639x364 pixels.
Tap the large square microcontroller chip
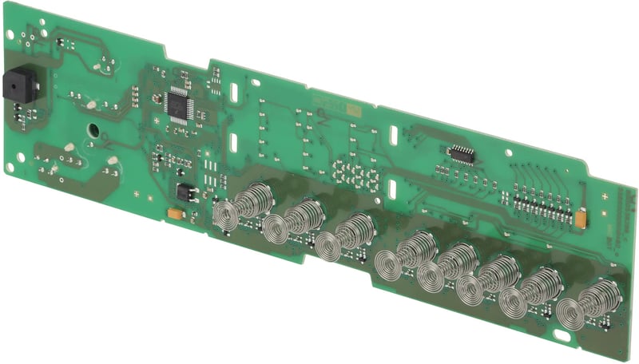pos(177,105)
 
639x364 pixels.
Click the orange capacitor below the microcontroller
pos(175,214)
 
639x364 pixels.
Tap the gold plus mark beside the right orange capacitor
pos(605,196)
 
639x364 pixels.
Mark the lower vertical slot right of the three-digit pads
pos(393,189)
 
